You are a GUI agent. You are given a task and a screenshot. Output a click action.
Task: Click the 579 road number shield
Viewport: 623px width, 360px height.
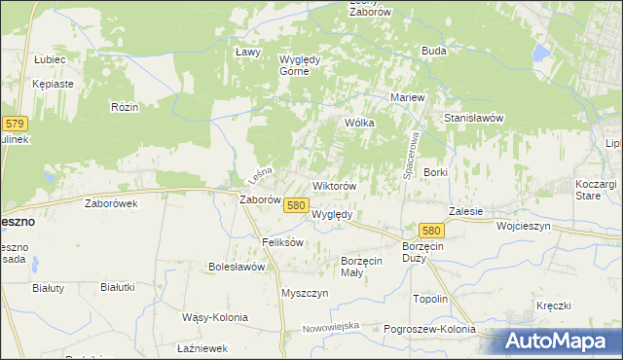point(14,124)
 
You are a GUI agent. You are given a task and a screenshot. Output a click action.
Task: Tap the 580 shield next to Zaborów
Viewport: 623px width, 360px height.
point(297,205)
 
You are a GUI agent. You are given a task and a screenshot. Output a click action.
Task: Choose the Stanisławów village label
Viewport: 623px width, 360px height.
point(473,118)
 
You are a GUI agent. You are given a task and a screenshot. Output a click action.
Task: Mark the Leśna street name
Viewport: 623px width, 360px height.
point(259,176)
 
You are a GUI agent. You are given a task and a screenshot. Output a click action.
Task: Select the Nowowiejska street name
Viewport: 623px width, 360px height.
point(331,326)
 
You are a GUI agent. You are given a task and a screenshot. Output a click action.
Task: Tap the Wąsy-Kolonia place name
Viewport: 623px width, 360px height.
point(215,317)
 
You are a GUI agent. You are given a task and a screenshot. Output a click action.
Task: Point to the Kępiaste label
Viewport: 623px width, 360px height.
point(53,84)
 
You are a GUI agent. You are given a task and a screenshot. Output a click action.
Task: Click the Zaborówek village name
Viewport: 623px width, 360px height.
point(112,204)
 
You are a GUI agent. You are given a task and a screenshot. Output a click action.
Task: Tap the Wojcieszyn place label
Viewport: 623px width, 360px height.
point(524,225)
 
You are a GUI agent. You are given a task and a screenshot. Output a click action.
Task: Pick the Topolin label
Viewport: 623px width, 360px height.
point(430,299)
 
